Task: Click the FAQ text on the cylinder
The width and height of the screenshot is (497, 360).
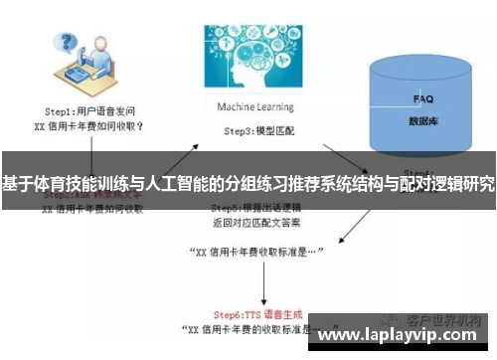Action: [423, 99]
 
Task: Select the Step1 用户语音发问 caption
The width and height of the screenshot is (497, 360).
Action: [84, 113]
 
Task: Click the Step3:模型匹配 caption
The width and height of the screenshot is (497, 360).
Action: [249, 130]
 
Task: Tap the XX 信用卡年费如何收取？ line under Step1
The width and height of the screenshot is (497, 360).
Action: [87, 126]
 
